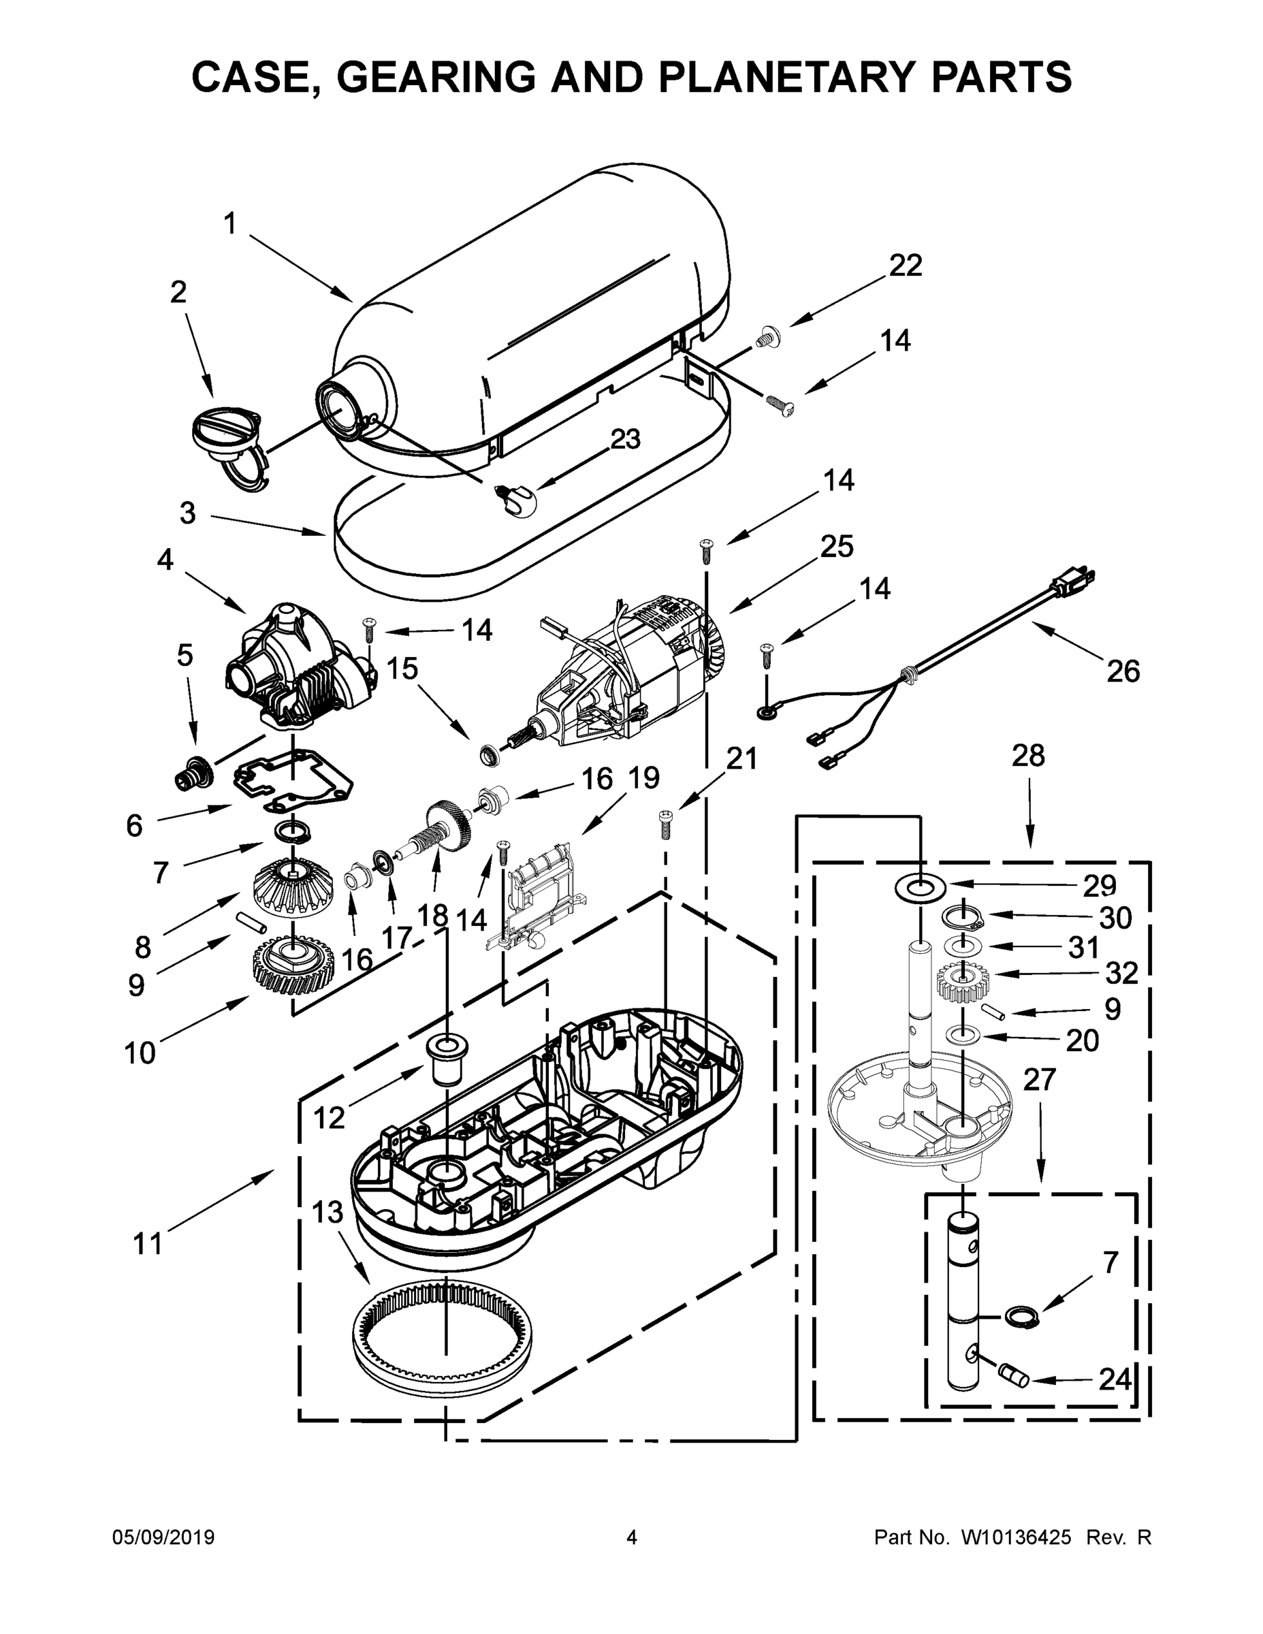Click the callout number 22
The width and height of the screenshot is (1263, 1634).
[x=906, y=266]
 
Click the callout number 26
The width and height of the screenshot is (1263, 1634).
[x=1123, y=671]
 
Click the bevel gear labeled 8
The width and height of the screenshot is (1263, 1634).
[x=291, y=890]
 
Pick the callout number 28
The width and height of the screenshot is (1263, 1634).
[x=1028, y=756]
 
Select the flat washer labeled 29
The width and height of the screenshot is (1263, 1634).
[x=920, y=888]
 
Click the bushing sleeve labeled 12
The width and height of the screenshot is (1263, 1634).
[x=447, y=1057]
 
